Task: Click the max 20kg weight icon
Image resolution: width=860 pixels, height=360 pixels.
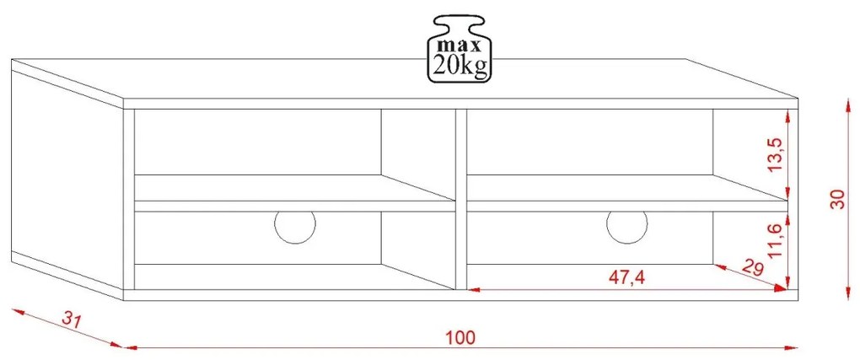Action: tap(460, 48)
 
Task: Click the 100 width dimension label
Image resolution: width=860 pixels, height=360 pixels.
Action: tap(460, 337)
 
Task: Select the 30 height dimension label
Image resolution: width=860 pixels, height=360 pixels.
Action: tap(836, 199)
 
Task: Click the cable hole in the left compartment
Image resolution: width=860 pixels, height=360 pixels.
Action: tap(295, 226)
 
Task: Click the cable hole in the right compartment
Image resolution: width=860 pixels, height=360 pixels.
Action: tap(627, 226)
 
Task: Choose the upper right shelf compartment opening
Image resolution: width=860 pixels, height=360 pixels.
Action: tap(590, 143)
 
